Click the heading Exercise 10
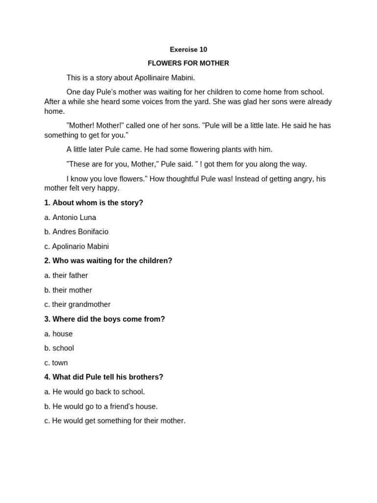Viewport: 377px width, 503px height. tap(188, 50)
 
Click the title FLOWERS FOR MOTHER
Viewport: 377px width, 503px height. tap(188, 63)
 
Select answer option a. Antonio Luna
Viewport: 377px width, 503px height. tap(70, 217)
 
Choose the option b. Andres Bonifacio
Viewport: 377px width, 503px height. tap(76, 232)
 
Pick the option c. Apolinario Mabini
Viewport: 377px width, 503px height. tap(77, 247)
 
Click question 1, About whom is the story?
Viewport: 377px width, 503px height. tap(94, 203)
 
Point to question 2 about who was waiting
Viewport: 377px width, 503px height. tap(108, 261)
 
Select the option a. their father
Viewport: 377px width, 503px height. tap(66, 276)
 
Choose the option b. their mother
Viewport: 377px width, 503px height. tap(68, 290)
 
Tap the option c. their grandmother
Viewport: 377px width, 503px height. tap(77, 305)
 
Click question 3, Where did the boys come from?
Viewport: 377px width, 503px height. tap(105, 319)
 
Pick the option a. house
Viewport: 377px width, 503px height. tap(58, 334)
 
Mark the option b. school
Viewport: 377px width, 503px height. tap(59, 348)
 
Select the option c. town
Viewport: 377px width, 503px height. tap(56, 363)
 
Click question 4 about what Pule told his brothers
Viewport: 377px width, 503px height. tap(104, 377)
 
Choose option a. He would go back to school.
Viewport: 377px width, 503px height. tap(95, 392)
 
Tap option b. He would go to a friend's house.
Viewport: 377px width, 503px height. tap(101, 407)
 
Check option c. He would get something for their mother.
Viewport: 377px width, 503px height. tap(115, 421)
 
